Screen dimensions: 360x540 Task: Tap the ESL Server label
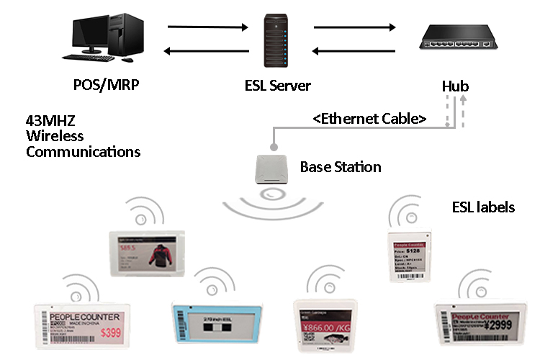pos(277,86)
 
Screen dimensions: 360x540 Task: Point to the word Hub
pos(455,86)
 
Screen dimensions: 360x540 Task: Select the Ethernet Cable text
pos(370,117)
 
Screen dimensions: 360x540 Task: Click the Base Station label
pos(341,167)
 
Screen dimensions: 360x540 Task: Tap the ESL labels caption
pos(482,207)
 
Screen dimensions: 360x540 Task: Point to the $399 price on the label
pos(110,333)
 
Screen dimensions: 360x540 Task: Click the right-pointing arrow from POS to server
pos(206,28)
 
